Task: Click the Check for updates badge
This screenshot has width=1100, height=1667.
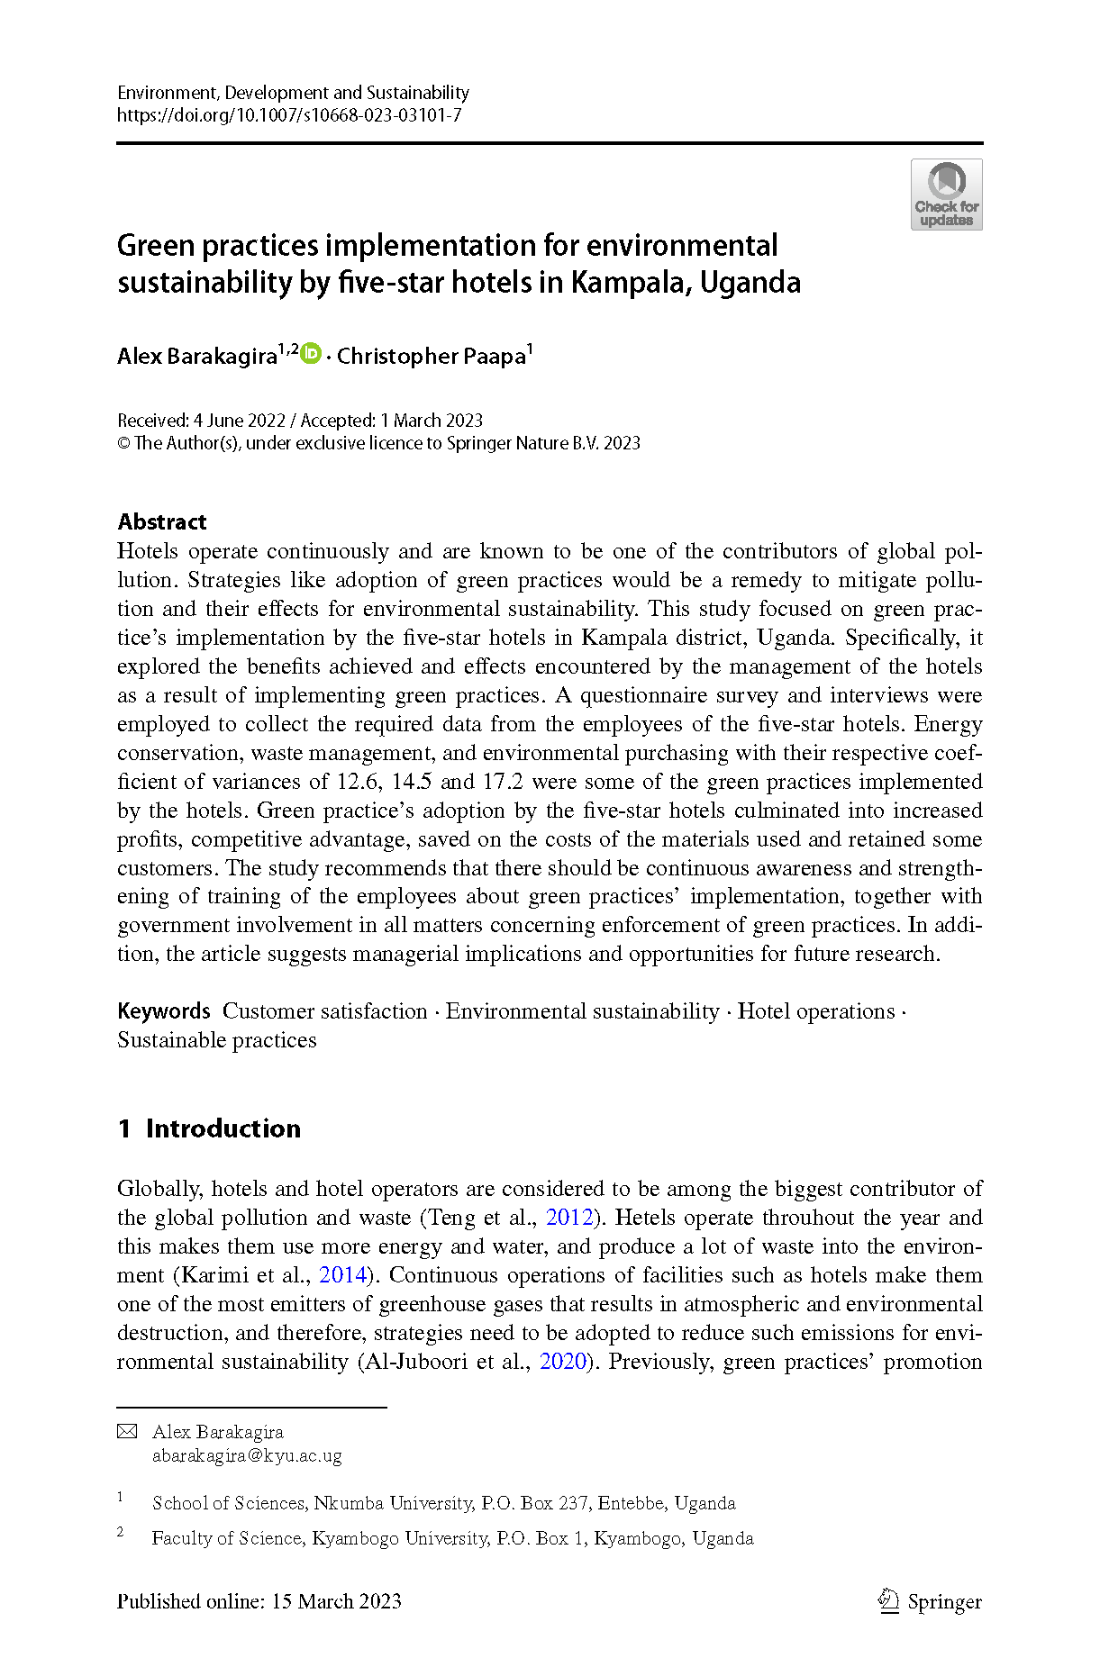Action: pos(946,195)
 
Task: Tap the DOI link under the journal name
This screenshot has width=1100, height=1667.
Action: pos(289,115)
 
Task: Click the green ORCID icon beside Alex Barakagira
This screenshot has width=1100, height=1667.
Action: pos(311,354)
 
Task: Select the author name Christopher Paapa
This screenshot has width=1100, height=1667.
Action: pos(432,357)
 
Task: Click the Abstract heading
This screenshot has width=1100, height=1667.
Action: pos(162,521)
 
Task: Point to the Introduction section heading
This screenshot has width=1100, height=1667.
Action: pos(223,1128)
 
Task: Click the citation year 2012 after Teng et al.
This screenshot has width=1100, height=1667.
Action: pos(569,1218)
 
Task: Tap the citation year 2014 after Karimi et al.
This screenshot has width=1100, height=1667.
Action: pos(342,1275)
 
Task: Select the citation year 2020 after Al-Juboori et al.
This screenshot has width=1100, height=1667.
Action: pos(563,1362)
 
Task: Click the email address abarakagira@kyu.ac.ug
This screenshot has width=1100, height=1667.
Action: pos(247,1455)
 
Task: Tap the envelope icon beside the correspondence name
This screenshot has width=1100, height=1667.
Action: pos(128,1432)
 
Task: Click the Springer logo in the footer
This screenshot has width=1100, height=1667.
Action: pos(930,1601)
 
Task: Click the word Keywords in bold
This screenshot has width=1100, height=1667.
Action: pos(164,1011)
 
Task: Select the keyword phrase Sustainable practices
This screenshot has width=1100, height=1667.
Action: pos(217,1040)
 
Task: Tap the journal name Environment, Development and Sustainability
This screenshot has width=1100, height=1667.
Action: pos(293,93)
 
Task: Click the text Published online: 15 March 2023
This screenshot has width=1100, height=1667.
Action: pos(259,1601)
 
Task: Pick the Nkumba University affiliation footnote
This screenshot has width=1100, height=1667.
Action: pos(443,1503)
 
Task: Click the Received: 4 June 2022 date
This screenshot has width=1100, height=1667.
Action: pos(201,421)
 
